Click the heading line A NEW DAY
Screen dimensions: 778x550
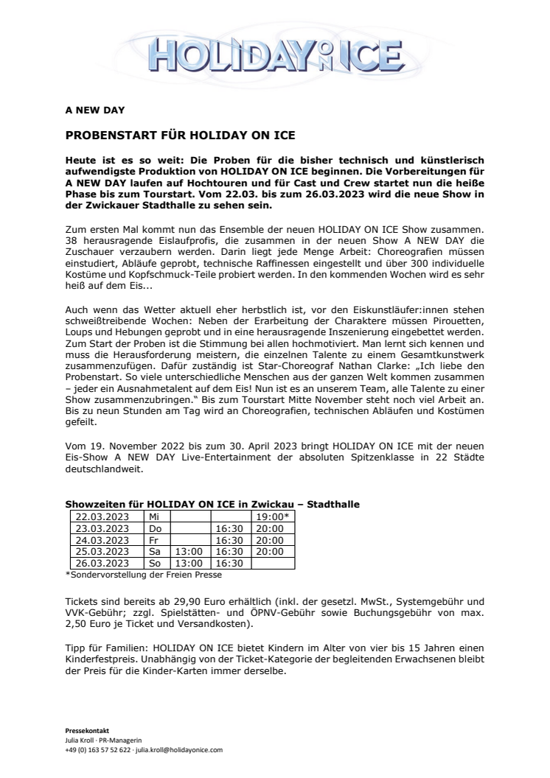coord(96,111)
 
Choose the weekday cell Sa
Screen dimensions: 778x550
coord(154,550)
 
